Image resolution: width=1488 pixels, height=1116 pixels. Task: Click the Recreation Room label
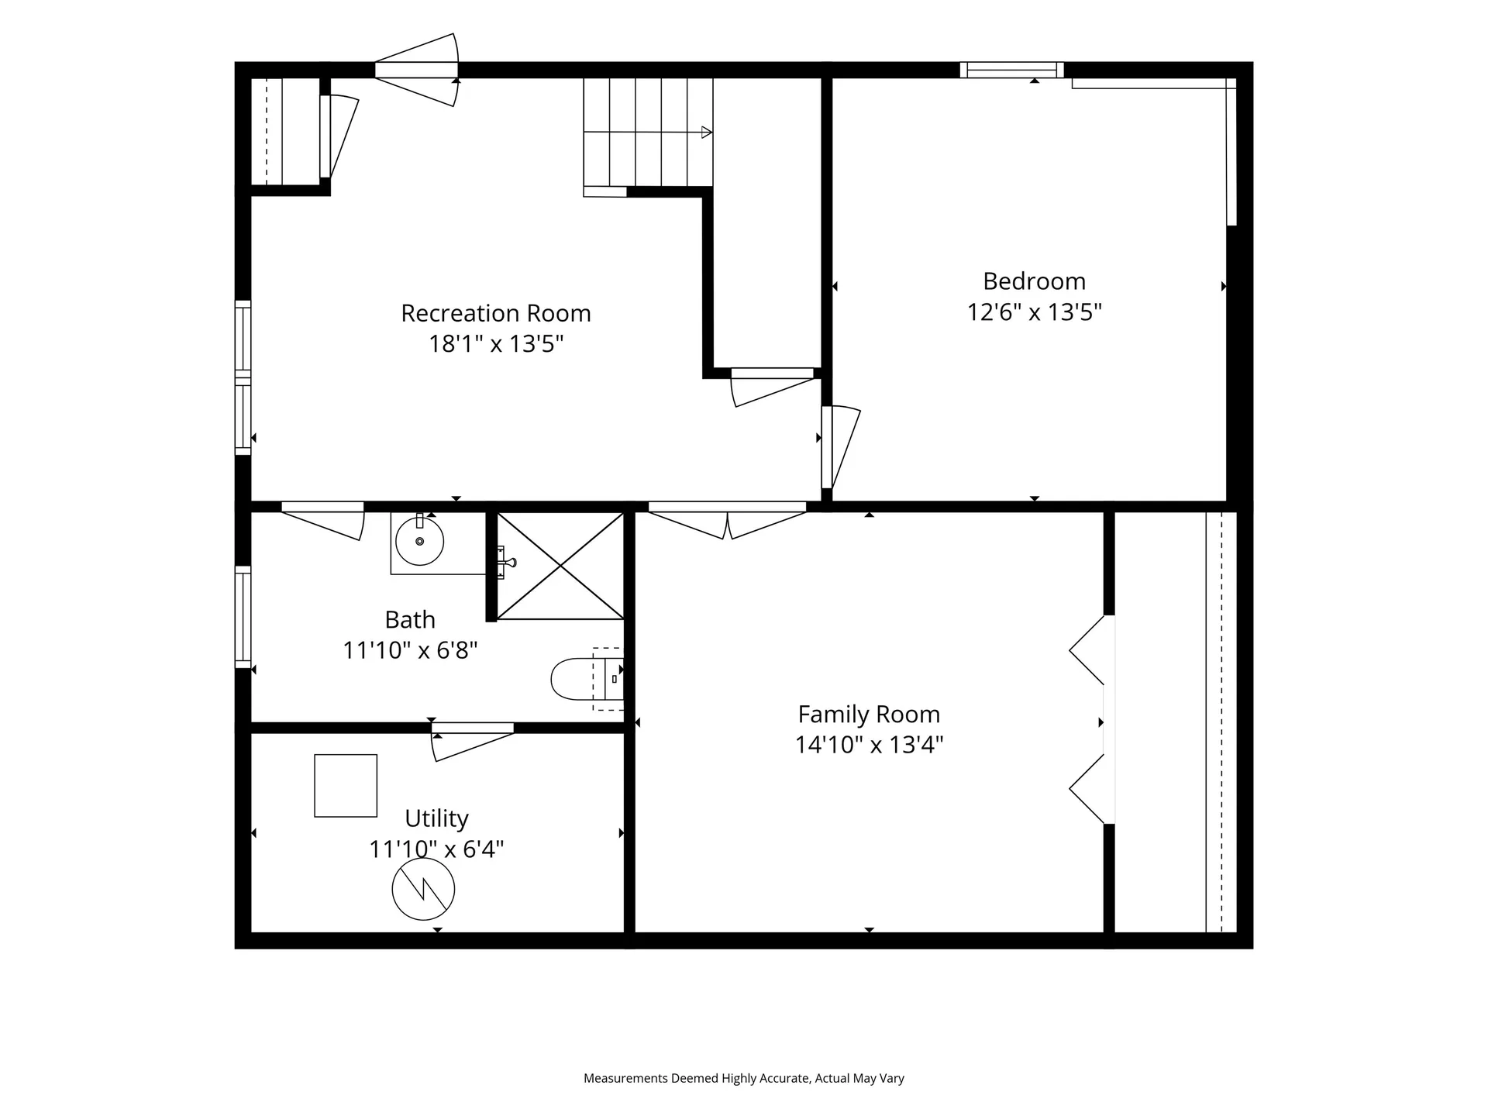496,313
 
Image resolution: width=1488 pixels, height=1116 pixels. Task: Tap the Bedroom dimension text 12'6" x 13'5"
1035,312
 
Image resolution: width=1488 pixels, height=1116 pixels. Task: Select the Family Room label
869,714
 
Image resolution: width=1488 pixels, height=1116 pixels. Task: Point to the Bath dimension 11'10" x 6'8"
410,649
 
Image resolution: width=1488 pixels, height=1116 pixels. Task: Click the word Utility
436,818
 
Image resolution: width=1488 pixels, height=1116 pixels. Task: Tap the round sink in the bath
419,541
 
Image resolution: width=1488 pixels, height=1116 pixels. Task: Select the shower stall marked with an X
560,566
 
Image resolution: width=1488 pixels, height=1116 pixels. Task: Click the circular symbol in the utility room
423,889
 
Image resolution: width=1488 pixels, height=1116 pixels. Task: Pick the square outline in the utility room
346,786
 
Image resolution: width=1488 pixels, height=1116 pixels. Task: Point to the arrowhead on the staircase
706,133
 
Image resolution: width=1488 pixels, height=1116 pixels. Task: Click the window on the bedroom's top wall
1012,70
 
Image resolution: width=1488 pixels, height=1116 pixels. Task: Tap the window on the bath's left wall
243,617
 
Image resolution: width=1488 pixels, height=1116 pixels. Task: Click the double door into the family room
727,519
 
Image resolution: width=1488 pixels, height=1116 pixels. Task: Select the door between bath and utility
473,740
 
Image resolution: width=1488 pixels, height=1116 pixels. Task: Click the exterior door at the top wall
417,70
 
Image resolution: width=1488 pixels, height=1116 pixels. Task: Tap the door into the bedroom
840,447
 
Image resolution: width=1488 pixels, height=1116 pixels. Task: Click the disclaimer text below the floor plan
744,1078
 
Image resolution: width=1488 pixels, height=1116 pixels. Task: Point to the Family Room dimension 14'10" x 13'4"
869,745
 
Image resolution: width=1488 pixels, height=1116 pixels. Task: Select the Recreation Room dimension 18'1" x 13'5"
496,343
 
